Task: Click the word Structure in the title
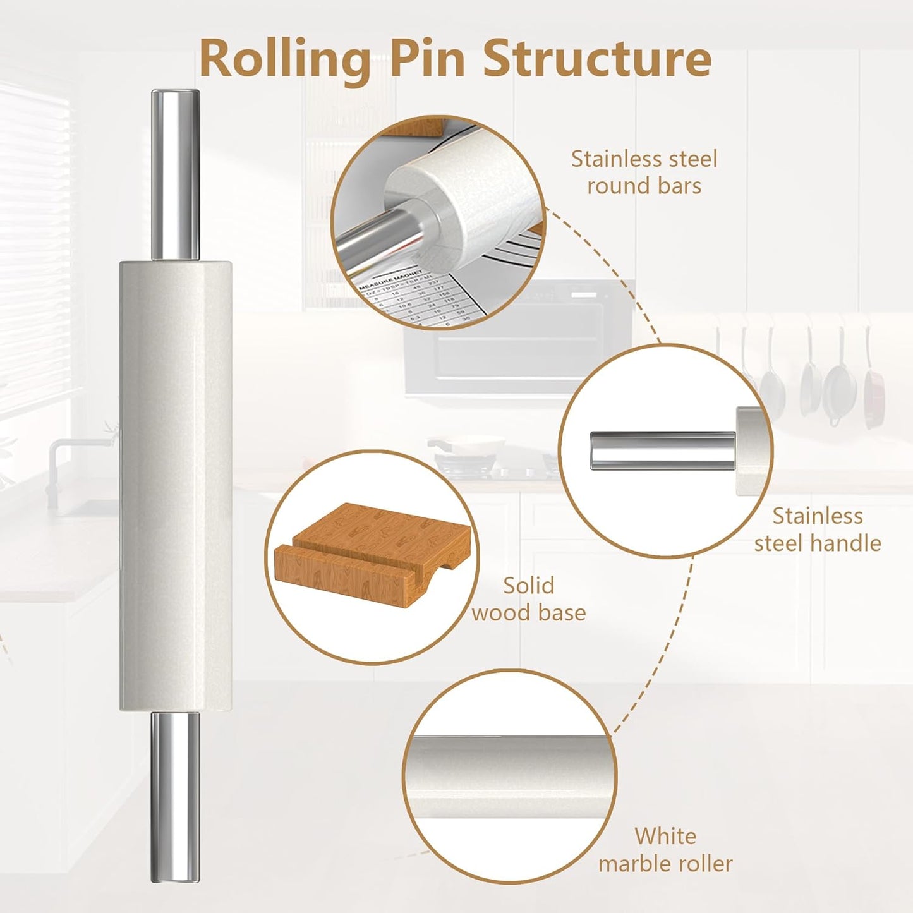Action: pyautogui.click(x=597, y=58)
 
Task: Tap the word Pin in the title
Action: pyautogui.click(x=430, y=58)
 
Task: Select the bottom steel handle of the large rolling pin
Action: pyautogui.click(x=175, y=796)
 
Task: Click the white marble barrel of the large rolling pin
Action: pyautogui.click(x=175, y=487)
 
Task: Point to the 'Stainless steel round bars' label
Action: pyautogui.click(x=644, y=172)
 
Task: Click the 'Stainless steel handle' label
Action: pyautogui.click(x=817, y=529)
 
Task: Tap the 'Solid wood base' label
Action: pyautogui.click(x=529, y=599)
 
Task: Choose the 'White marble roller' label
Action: pyautogui.click(x=665, y=850)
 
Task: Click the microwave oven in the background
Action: pyautogui.click(x=518, y=341)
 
